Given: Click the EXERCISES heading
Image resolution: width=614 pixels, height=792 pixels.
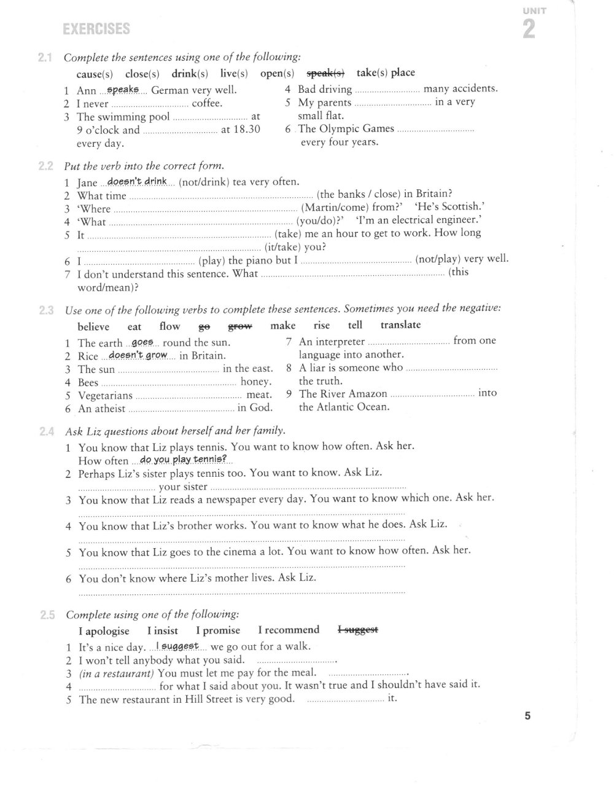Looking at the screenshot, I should pos(96,29).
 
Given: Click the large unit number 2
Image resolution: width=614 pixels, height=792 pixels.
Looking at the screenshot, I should pos(529,29).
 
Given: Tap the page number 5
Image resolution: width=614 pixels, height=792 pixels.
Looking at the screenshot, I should pos(527,715).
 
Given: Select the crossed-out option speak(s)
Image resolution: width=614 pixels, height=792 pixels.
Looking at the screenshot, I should pos(325,73).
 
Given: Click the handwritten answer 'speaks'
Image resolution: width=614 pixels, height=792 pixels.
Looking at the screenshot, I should pos(123,90).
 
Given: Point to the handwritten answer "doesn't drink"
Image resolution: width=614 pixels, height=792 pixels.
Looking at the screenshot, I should pos(138,181).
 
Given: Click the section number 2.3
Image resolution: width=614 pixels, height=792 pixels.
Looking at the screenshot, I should pos(47,311).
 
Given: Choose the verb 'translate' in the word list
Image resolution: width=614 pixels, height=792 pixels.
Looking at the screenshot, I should pos(400,325).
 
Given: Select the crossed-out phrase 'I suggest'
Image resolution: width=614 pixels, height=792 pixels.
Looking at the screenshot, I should pos(358,629).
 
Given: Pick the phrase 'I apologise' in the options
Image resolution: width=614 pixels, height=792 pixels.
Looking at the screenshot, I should pos(104,631).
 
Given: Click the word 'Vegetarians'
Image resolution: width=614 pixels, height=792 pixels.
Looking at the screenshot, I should pos(105,396).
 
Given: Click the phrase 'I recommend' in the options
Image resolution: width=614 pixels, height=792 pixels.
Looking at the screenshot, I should pos(289,630).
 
